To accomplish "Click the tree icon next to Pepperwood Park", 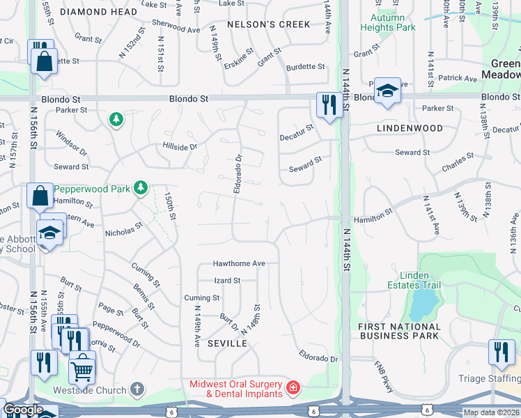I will point(141,187).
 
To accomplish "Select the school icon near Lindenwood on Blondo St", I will point(387,91).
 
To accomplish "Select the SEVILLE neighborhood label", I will point(227,344).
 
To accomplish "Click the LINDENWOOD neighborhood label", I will point(410,129).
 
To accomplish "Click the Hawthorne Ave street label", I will point(239,264).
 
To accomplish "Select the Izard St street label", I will point(226,281).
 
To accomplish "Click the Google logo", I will point(23,410).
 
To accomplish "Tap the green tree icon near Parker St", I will point(116,121).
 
